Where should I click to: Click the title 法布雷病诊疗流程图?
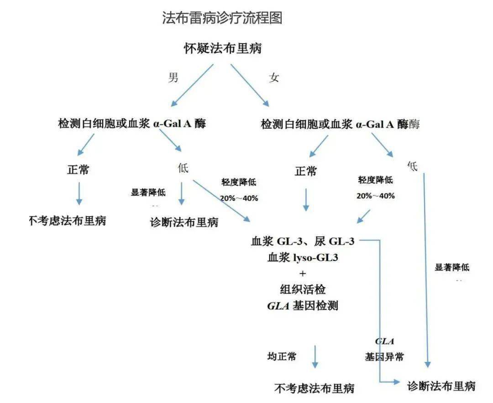222,18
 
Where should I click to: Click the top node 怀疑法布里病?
222,48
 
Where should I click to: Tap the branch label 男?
173,77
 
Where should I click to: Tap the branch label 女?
274,78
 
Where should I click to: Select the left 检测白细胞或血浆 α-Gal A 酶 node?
132,124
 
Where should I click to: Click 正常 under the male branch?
78,170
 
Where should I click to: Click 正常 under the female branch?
306,172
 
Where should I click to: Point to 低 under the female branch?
413,167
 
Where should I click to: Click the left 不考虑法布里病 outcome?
67,221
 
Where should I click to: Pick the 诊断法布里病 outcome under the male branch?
184,223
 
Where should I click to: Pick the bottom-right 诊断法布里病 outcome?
441,386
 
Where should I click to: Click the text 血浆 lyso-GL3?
303,258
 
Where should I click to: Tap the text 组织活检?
303,289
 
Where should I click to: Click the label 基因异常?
384,357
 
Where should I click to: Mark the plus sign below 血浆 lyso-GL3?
303,273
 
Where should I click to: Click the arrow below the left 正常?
79,194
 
